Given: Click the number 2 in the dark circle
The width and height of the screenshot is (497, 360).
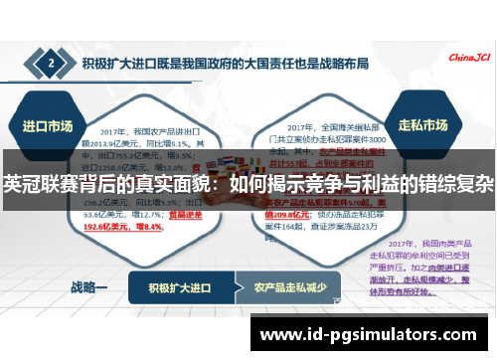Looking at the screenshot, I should [52, 66].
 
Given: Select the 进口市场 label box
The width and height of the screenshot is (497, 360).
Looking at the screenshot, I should [45, 126].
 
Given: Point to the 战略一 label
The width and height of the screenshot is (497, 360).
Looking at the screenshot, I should [89, 287].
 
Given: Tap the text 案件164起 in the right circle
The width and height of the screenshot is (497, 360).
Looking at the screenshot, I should [287, 226].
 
